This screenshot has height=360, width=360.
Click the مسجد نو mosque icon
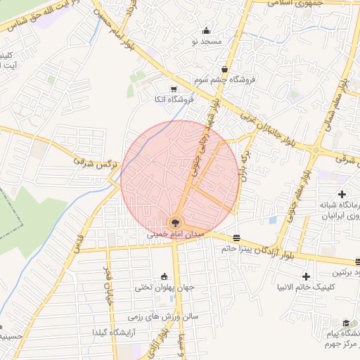pos(206,31)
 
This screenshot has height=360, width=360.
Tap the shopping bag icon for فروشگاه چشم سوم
pos(224,69)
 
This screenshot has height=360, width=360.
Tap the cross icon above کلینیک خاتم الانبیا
pos(306,276)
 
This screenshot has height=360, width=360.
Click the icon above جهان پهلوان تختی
pos(165,276)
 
